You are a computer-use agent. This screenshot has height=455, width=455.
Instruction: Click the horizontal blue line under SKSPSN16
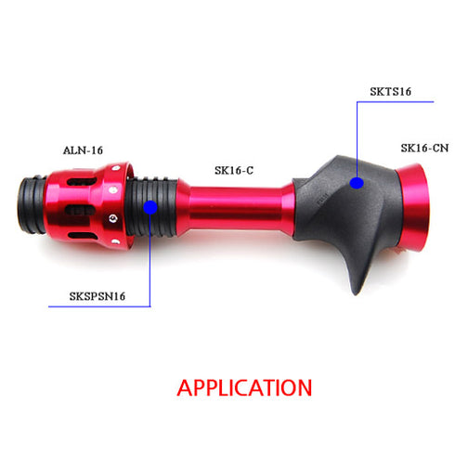93,306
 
